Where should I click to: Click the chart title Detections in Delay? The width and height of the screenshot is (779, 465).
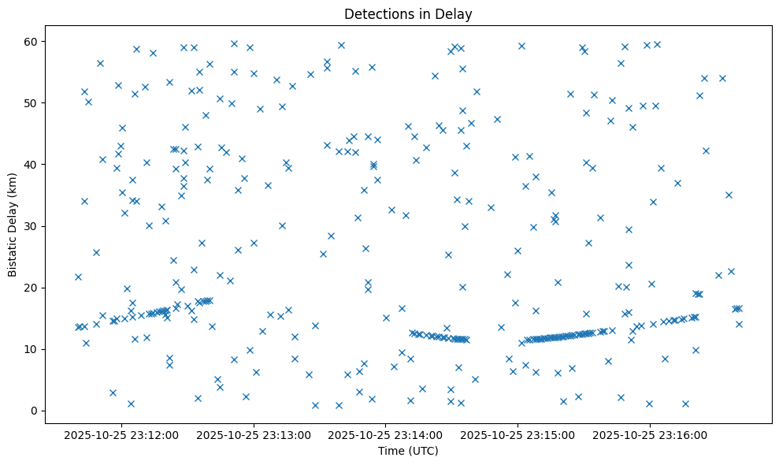tap(408, 13)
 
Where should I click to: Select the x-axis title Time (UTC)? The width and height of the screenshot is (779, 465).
tap(408, 451)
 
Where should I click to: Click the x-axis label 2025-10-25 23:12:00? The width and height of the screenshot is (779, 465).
tap(123, 434)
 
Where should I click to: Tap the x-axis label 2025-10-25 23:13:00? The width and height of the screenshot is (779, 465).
tap(254, 434)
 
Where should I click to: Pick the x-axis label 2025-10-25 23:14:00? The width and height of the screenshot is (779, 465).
tap(386, 434)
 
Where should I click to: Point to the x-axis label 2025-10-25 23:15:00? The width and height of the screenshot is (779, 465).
tap(518, 434)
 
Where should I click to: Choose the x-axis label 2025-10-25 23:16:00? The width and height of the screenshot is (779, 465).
tap(650, 434)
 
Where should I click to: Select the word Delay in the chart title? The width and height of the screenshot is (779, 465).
tap(456, 13)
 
